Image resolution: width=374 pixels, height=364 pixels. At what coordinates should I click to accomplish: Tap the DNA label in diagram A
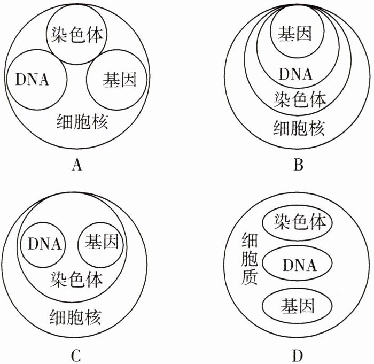33,80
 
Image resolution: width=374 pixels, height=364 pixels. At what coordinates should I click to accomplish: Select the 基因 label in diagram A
119,80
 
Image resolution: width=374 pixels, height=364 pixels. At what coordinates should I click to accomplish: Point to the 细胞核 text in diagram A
83,122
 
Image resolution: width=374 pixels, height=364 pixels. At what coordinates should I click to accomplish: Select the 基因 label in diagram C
102,244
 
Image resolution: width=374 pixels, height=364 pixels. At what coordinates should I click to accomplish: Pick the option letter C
76,355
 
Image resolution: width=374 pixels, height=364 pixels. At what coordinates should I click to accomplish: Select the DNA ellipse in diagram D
298,264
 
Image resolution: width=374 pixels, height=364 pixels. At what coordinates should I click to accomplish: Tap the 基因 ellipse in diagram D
297,306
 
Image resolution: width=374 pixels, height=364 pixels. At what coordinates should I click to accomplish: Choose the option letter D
298,355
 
